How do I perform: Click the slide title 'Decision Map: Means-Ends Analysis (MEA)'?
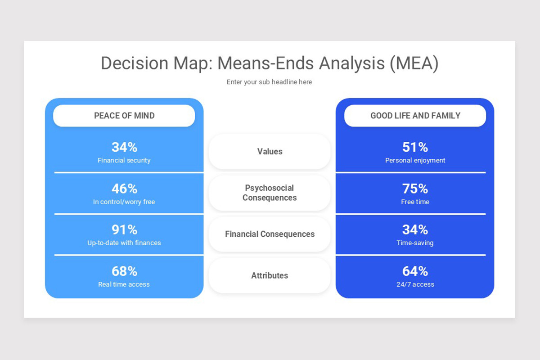pos(269,63)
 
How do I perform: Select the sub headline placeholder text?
pos(269,82)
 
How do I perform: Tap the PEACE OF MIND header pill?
pos(124,116)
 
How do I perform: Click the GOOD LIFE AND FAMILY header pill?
pos(415,116)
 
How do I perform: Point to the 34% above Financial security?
pos(124,147)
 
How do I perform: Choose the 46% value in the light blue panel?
pos(124,189)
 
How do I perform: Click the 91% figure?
pos(124,230)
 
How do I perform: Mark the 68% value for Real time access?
pos(124,271)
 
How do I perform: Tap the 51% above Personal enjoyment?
pos(415,147)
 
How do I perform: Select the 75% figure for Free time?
pos(415,189)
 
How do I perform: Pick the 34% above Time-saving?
pos(415,230)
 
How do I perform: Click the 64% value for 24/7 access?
pos(415,271)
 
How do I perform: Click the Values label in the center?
pos(270,152)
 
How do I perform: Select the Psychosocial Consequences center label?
pos(270,193)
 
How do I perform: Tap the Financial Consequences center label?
pos(270,234)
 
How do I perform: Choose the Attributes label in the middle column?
pos(270,275)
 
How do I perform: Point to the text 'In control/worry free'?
pos(124,202)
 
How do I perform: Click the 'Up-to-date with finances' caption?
pos(124,243)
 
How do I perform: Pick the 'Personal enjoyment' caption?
pos(415,160)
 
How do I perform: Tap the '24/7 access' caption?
pos(415,284)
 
